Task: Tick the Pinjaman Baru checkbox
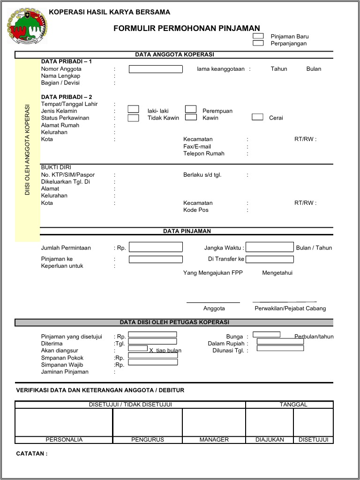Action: [258, 36]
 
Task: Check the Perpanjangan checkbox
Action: [258, 43]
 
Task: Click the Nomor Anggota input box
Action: [156, 69]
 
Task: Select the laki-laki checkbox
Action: [134, 109]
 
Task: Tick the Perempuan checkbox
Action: [190, 109]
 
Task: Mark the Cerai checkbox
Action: [257, 117]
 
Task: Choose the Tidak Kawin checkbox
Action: [134, 118]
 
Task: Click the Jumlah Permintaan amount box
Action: [156, 247]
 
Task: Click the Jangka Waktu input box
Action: [270, 247]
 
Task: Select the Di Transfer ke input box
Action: [270, 259]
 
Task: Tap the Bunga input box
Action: [266, 335]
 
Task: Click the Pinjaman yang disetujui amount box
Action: [152, 335]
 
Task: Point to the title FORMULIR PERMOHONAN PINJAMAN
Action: [187, 29]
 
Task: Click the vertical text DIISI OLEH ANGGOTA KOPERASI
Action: [28, 150]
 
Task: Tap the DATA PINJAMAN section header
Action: [187, 231]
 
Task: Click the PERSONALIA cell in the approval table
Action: [64, 440]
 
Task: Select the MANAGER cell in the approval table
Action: [214, 440]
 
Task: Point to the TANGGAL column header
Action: [293, 405]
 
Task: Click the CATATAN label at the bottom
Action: [32, 454]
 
